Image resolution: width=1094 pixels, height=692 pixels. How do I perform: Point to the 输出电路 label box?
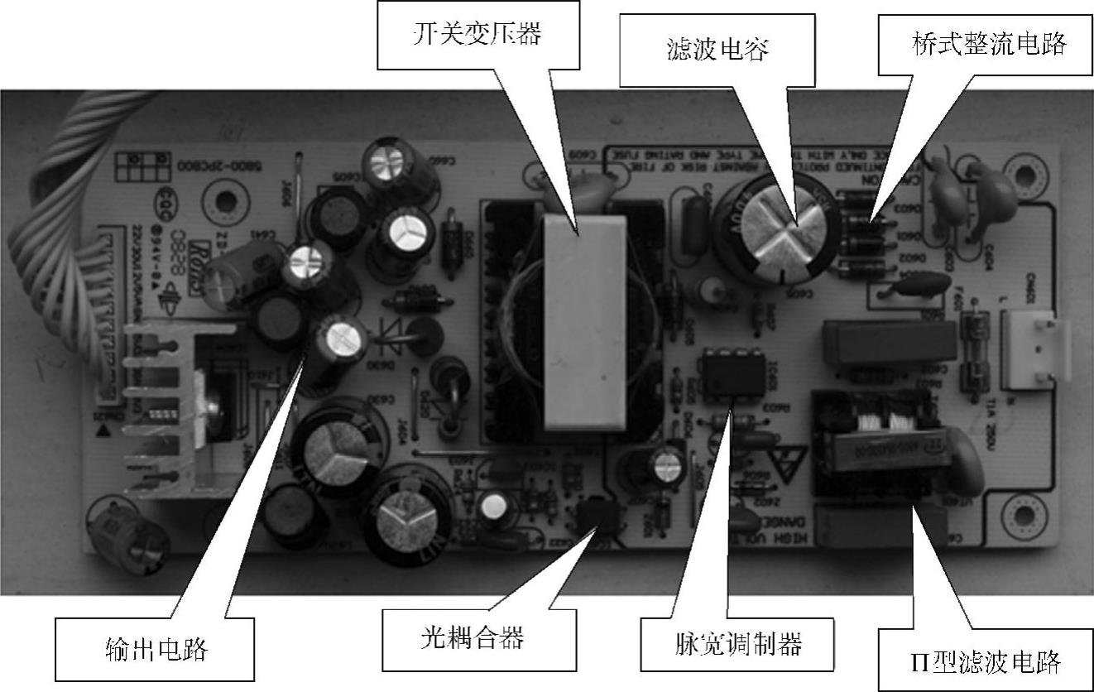[x=156, y=648]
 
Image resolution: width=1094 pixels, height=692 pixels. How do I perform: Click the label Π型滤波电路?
[x=983, y=661]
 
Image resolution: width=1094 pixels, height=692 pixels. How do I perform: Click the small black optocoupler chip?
[x=597, y=517]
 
